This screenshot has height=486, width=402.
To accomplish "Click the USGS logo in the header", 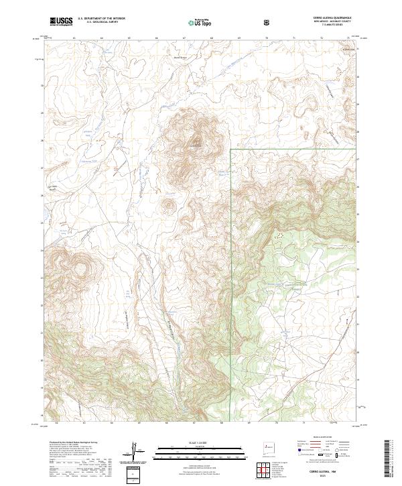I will (62, 21).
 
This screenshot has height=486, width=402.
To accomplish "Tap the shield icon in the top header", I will (267, 21).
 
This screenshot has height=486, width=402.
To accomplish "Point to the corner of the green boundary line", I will (231, 149).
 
